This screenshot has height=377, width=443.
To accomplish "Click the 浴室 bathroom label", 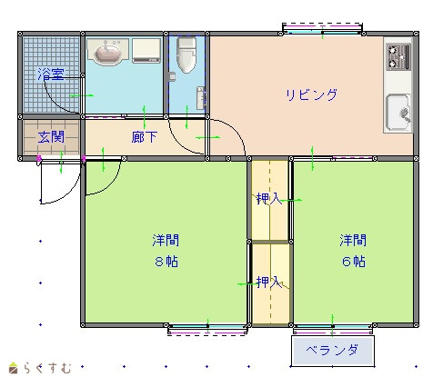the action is [x=51, y=74].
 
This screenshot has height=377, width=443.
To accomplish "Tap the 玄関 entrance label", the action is [x=51, y=137].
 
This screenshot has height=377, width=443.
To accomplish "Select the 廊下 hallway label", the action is [x=145, y=137].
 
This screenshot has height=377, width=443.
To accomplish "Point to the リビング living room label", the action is [x=311, y=94].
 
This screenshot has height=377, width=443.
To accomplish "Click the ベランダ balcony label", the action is [x=332, y=350].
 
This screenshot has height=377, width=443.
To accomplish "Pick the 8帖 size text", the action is [x=166, y=262].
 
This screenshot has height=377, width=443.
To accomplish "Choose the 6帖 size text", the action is [x=354, y=262].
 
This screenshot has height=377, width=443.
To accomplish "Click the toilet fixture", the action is [x=186, y=55].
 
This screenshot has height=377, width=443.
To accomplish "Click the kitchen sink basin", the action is [x=398, y=111].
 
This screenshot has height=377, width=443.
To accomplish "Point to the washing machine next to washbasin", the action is [x=146, y=50].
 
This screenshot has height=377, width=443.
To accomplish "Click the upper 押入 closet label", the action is [x=269, y=199].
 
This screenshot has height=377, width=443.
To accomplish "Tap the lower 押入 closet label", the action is [x=269, y=283].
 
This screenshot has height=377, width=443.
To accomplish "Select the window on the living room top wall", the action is [x=322, y=29].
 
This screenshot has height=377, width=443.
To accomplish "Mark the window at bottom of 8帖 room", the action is [x=207, y=329].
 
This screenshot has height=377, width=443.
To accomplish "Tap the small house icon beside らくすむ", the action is [x=13, y=368].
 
